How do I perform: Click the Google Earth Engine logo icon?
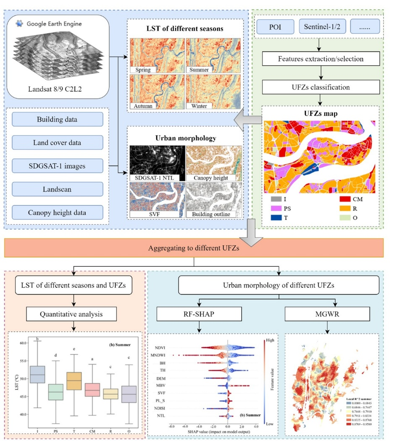[x=19, y=24]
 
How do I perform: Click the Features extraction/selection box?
[x=321, y=59]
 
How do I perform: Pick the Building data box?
[x=57, y=120]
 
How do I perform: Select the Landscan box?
[x=57, y=189]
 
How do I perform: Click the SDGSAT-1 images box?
[x=57, y=166]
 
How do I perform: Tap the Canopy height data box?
[x=57, y=213]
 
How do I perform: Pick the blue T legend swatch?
[x=276, y=218]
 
